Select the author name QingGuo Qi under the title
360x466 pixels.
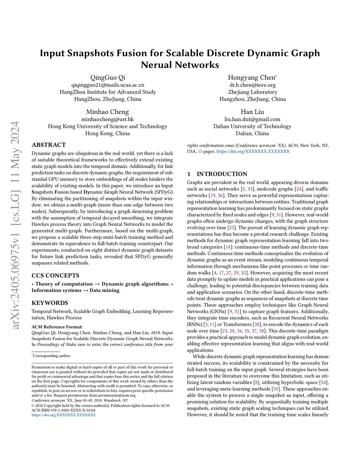(x=108, y=78)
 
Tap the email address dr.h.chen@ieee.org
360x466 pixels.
(x=252, y=85)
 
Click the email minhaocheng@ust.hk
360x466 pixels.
(x=108, y=119)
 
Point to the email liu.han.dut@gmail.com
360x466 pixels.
(x=252, y=119)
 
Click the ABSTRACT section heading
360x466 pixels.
(x=49, y=145)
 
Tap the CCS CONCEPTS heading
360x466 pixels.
(x=55, y=276)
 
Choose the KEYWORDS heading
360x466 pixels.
(x=50, y=303)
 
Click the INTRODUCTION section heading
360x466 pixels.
(x=221, y=174)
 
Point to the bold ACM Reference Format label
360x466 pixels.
(x=57, y=327)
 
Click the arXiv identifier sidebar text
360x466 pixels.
(x=14, y=225)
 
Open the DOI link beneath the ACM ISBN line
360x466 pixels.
(x=64, y=415)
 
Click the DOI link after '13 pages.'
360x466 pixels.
(x=253, y=152)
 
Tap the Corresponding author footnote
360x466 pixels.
(x=51, y=356)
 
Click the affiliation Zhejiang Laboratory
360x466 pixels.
(x=252, y=92)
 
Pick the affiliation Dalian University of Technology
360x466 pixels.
(x=252, y=126)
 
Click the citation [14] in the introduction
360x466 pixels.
(x=227, y=247)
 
